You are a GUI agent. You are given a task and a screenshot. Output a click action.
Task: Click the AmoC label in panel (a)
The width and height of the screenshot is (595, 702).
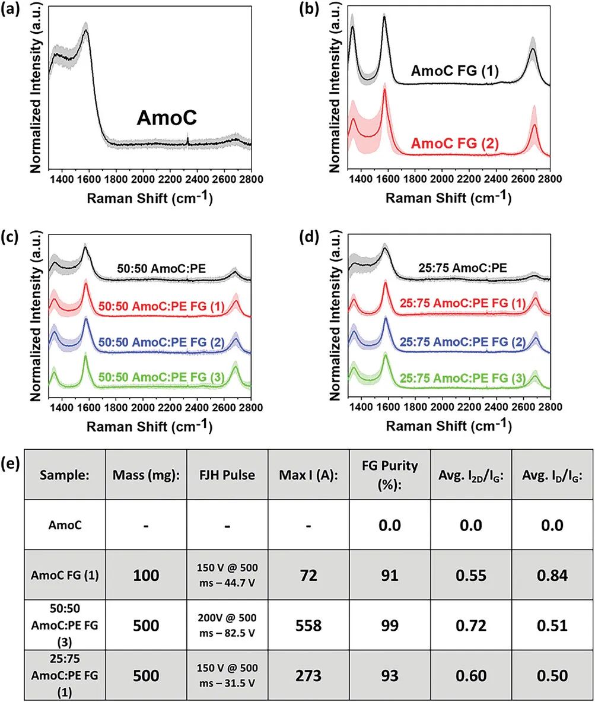tap(167, 118)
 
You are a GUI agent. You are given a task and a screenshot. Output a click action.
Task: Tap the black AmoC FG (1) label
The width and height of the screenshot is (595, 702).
tap(454, 72)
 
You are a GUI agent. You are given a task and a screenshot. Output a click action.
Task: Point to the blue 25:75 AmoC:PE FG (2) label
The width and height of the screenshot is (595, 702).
tap(467, 342)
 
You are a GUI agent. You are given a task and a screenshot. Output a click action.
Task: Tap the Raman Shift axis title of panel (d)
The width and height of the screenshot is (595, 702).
tap(448, 427)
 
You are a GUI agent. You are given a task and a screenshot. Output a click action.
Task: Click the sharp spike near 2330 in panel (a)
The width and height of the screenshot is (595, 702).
tap(188, 140)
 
